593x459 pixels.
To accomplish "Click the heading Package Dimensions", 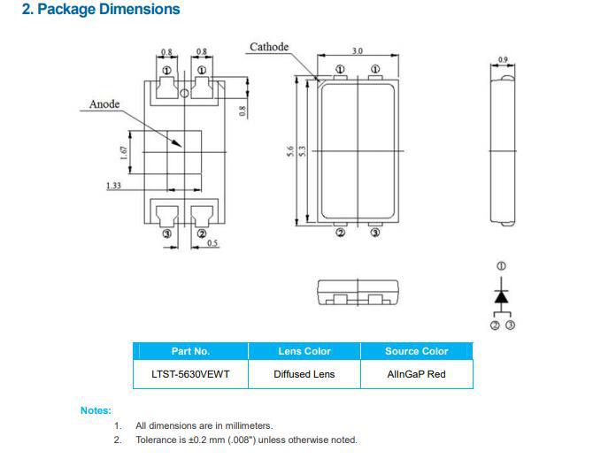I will coord(99,10).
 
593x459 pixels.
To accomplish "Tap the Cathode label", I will coord(269,47).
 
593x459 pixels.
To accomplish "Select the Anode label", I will coord(104,104).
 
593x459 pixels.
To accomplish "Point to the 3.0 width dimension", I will coord(357,51).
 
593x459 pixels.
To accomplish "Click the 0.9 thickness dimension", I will coord(503,60).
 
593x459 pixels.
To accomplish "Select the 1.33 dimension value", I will coord(113,186).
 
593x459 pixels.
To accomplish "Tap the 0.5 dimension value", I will coord(212,243).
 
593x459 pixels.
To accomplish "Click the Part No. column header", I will coord(190,351).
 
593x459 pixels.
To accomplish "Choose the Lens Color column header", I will coord(304,351).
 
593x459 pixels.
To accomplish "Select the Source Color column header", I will coord(416,351).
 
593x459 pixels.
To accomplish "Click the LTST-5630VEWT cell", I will coord(190,374).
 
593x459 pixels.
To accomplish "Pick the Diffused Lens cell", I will coord(304,374).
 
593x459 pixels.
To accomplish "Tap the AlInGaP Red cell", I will coord(416,374).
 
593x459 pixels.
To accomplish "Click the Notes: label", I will coord(96,410).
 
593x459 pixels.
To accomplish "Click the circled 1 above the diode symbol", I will coord(502,266).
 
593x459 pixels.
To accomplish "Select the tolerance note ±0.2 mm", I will coord(246,440).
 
